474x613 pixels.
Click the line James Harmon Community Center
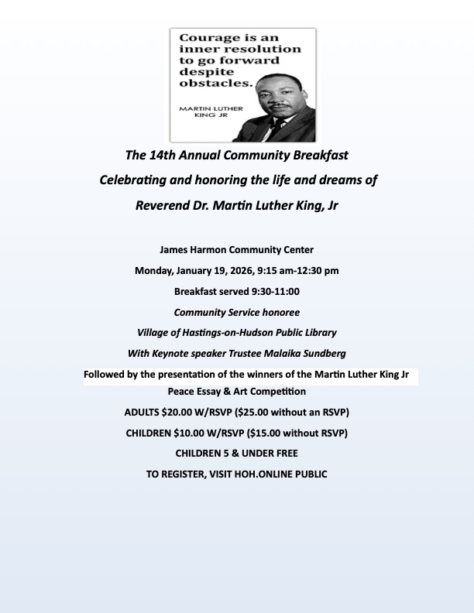coord(236,250)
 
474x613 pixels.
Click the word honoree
coord(278,312)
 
